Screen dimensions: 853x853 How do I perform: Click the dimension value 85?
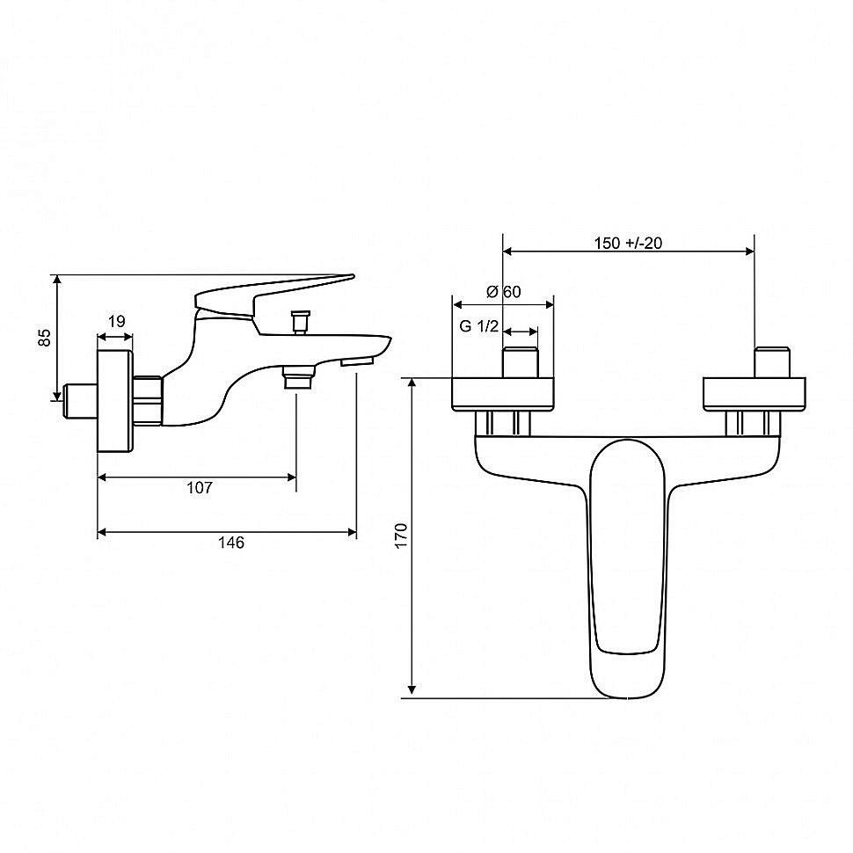point(45,338)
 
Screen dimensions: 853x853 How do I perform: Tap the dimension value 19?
point(116,322)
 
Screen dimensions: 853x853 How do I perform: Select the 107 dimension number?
point(200,488)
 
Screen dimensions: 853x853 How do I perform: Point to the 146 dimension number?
point(231,543)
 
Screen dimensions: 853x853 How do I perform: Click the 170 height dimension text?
point(401,536)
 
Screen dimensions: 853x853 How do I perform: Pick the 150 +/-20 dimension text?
point(629,244)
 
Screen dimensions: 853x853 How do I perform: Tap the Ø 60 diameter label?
point(503,292)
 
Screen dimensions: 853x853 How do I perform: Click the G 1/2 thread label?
point(479,326)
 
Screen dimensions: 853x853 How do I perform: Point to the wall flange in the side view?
point(115,401)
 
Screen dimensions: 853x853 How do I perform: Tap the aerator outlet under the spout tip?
point(357,361)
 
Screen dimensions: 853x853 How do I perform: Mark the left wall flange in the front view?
point(503,394)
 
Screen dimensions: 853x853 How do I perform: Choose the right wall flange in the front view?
point(755,394)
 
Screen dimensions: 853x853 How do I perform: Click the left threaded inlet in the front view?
point(521,362)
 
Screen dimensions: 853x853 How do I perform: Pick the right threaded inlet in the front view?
point(772,362)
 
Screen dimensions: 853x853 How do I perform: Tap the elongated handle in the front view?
point(627,568)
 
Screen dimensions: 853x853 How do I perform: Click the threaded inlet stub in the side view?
point(82,402)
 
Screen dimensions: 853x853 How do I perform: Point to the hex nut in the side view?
point(148,400)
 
